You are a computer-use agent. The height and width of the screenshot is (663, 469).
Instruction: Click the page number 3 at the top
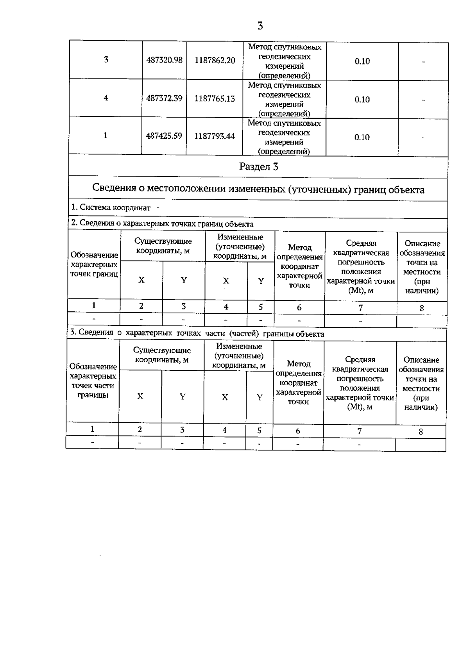tap(260, 26)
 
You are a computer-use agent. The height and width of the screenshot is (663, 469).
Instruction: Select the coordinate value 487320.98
tap(164, 61)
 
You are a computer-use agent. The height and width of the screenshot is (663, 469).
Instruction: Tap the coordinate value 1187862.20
tap(215, 61)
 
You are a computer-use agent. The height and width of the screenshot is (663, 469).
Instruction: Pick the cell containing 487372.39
tap(164, 98)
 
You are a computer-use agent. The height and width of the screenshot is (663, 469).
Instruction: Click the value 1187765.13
tap(215, 98)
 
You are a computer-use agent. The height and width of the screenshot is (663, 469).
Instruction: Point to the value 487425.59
tap(164, 136)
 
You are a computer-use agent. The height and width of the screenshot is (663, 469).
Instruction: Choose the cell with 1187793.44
tap(215, 136)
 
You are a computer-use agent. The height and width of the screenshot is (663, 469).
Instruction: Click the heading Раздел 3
tap(258, 167)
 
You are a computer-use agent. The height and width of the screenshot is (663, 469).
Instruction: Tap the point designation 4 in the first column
tap(106, 98)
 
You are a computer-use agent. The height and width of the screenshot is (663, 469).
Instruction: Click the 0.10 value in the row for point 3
tap(362, 61)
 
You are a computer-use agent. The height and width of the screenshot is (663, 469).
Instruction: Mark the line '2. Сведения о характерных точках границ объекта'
tap(162, 224)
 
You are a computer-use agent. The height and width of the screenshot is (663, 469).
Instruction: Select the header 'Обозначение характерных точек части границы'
tap(93, 381)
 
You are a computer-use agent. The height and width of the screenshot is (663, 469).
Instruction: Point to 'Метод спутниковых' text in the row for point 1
tap(284, 123)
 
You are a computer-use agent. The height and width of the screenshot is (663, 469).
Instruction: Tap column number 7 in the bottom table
tap(359, 431)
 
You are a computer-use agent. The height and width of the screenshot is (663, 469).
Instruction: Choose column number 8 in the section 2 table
tap(422, 308)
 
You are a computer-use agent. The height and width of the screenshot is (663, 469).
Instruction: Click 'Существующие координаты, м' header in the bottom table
tap(162, 355)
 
